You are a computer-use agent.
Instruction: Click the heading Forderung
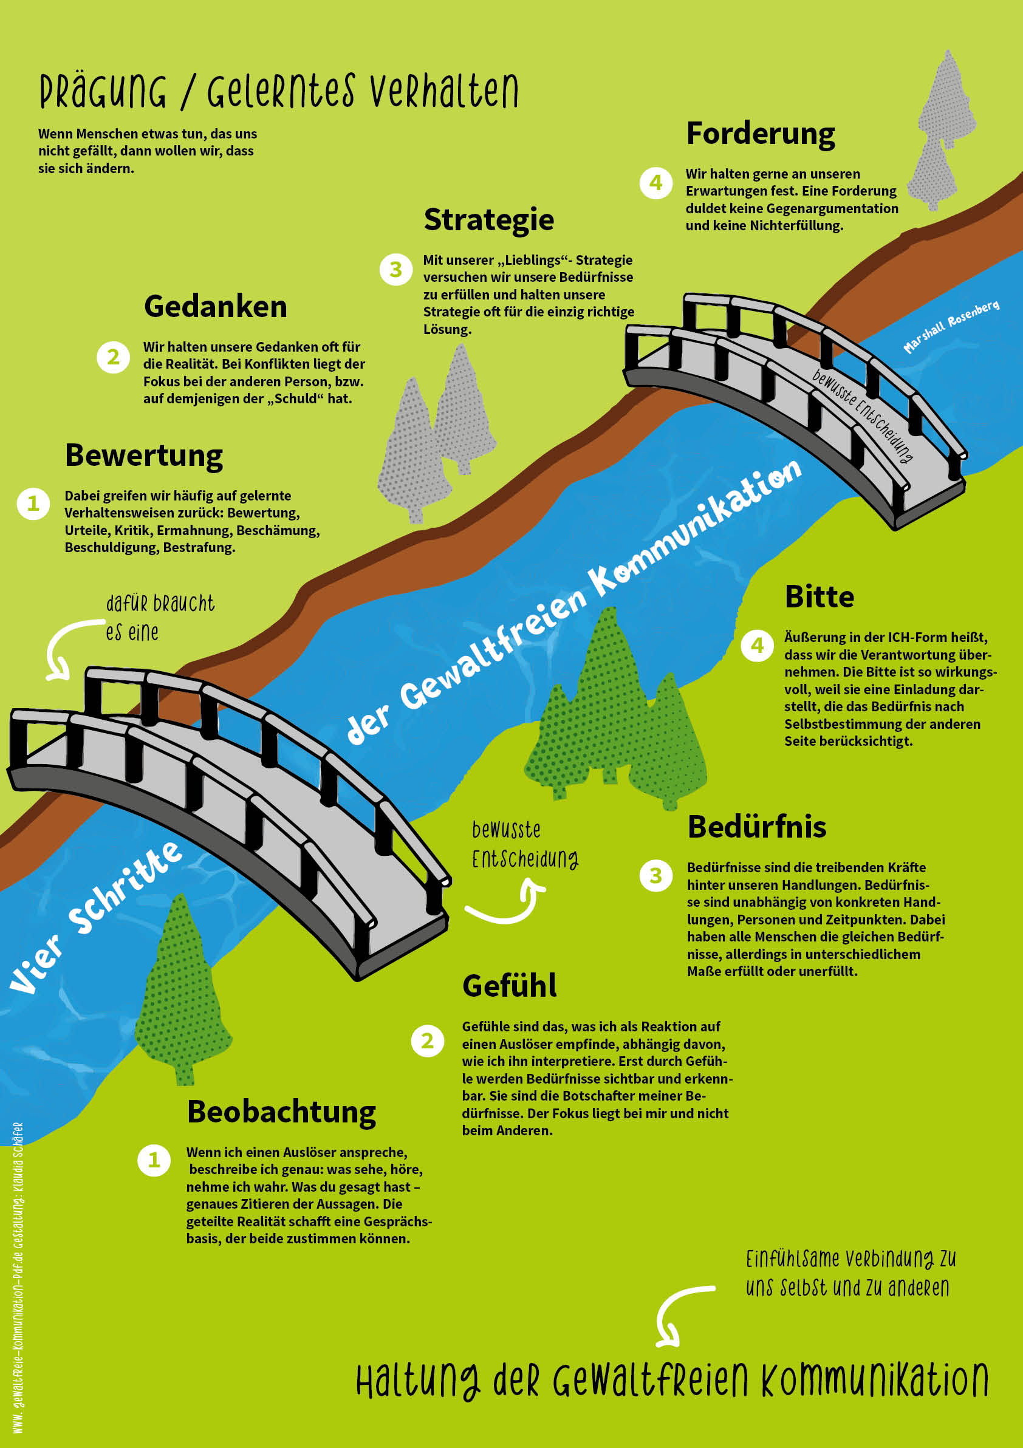(x=760, y=134)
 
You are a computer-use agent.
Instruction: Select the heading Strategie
(x=489, y=220)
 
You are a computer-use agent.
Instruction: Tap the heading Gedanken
(x=216, y=307)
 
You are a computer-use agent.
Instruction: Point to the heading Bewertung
(x=144, y=456)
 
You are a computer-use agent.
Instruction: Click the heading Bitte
(x=819, y=596)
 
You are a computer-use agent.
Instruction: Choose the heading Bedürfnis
(x=757, y=827)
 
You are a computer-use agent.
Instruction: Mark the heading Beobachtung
(x=281, y=1112)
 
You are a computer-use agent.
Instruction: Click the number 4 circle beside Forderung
(x=656, y=183)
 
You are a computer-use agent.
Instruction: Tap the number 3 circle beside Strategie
(x=395, y=269)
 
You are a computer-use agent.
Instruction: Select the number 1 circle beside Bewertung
(x=33, y=504)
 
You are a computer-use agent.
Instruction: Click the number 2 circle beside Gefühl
(x=428, y=1040)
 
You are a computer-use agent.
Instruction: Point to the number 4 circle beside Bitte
(x=757, y=645)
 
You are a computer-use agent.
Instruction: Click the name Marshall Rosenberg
(x=951, y=327)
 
